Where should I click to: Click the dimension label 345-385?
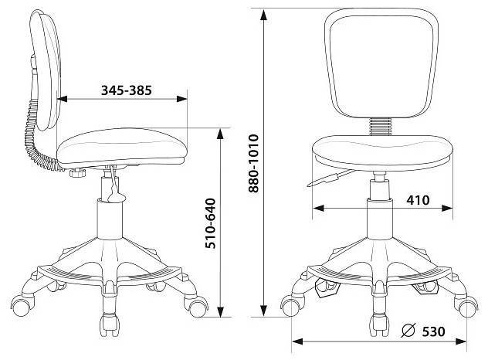click(127, 90)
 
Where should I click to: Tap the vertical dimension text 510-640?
click(210, 223)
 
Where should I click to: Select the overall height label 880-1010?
click(253, 163)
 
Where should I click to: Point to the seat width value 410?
click(418, 200)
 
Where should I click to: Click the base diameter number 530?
click(433, 331)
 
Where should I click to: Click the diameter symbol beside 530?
click(408, 331)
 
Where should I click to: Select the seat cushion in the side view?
click(122, 147)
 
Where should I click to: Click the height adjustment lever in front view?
click(330, 178)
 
